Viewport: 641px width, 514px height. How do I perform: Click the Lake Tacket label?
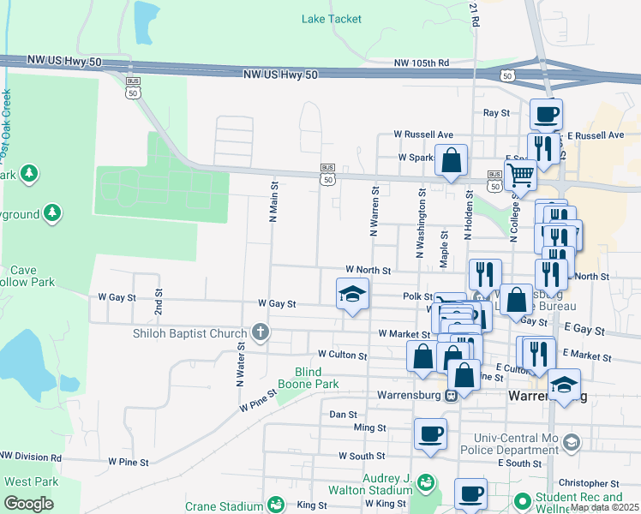pos(332,19)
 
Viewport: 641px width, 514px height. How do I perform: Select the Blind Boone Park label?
pos(317,378)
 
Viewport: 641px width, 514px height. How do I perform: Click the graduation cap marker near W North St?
pos(351,295)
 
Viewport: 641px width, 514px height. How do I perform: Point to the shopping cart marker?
pos(521,176)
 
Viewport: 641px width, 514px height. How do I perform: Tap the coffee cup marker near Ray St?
pos(546,114)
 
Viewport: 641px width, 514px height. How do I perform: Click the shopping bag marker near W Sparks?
pos(451,160)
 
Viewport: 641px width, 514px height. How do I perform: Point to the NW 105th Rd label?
pos(422,63)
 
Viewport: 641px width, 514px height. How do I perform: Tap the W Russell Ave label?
pos(423,134)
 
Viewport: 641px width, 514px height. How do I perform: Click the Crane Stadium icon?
pos(276,505)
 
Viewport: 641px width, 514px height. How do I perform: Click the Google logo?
pos(28,504)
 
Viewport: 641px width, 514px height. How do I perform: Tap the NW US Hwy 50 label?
pos(280,75)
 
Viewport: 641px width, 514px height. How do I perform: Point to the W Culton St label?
pos(342,354)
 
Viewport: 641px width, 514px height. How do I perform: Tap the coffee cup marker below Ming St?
pos(430,433)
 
